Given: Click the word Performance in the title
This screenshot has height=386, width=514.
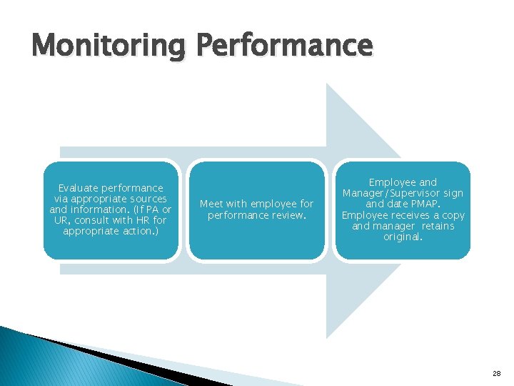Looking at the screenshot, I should click(284, 46).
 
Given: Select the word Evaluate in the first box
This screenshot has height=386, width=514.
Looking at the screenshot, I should click(80, 188).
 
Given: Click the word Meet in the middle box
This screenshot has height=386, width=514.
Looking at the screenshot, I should click(212, 204).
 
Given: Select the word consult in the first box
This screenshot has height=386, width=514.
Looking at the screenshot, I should click(91, 220).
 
